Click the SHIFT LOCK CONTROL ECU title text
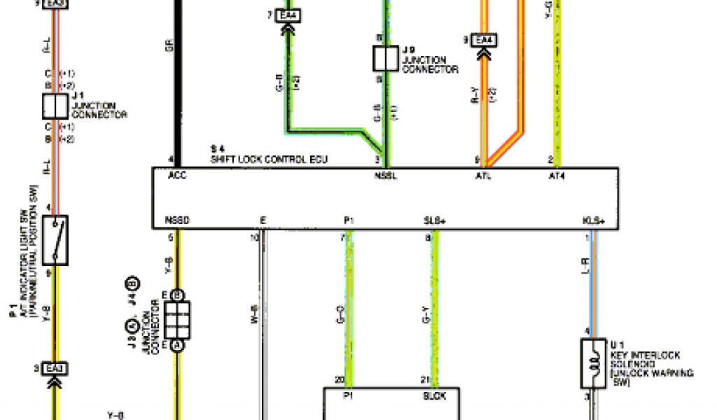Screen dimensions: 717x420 pos(269,160)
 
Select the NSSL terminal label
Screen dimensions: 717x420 pos(386,176)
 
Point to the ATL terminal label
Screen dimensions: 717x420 pos(483,176)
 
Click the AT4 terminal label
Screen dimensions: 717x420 pos(557,176)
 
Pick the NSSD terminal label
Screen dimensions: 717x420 pos(176,220)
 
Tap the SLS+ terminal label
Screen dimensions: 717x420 pos(434,220)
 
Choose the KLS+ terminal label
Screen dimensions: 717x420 pos(593,220)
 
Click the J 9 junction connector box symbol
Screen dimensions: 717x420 pos(385,59)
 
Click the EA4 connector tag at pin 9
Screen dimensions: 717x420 pos(483,41)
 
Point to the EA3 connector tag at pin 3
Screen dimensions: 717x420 pos(55,368)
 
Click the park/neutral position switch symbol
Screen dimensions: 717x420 pos(55,239)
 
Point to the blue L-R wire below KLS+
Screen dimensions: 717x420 pos(594,294)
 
